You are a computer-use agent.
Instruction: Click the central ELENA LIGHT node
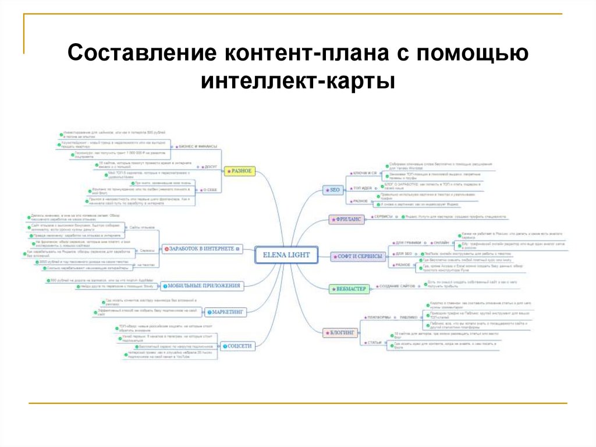click(287, 255)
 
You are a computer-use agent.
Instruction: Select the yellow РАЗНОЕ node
click(240, 171)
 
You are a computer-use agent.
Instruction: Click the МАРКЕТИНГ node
click(226, 312)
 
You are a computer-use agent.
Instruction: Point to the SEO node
click(334, 190)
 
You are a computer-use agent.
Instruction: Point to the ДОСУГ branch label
click(210, 166)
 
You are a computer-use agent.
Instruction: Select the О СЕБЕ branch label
click(209, 189)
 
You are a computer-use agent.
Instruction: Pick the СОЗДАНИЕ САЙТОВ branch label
click(398, 286)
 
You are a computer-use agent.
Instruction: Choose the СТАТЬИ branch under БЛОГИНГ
click(374, 343)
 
